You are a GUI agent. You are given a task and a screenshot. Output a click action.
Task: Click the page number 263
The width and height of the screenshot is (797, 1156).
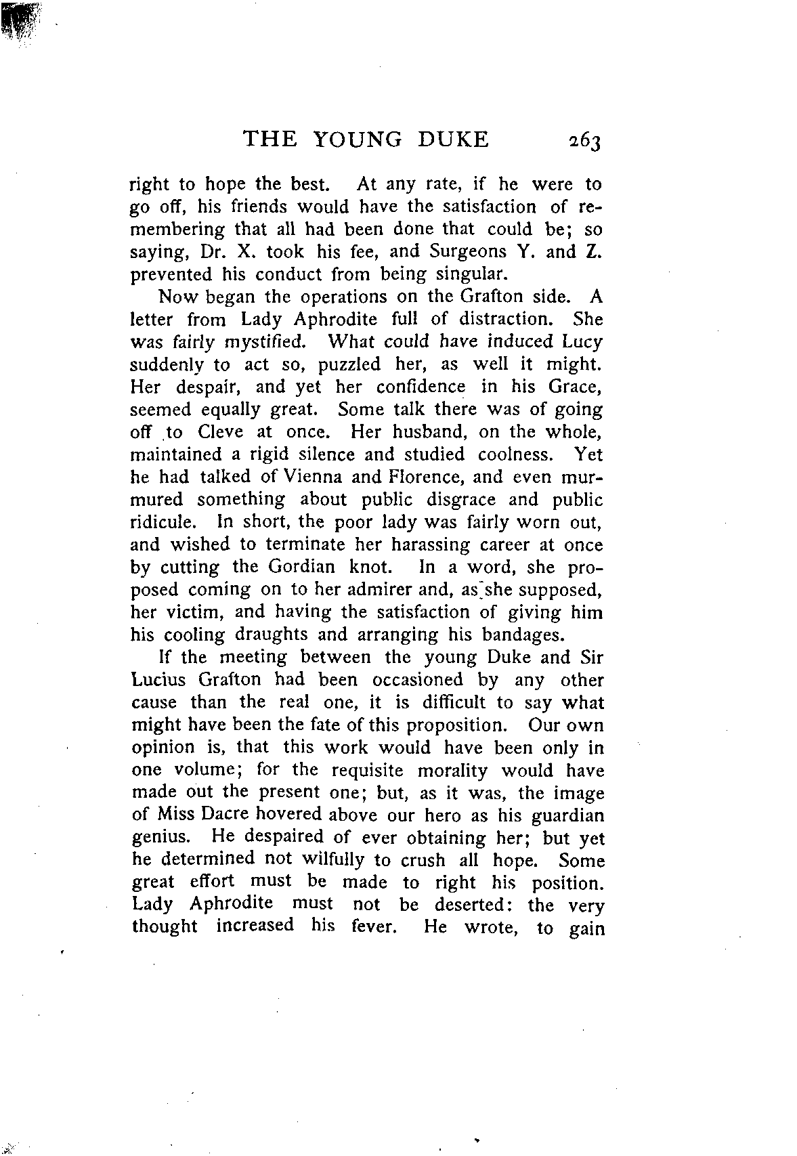click(585, 140)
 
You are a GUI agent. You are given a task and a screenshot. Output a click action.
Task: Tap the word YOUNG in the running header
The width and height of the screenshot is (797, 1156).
click(358, 139)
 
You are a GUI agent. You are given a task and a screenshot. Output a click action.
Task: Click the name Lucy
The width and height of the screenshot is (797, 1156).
click(582, 342)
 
